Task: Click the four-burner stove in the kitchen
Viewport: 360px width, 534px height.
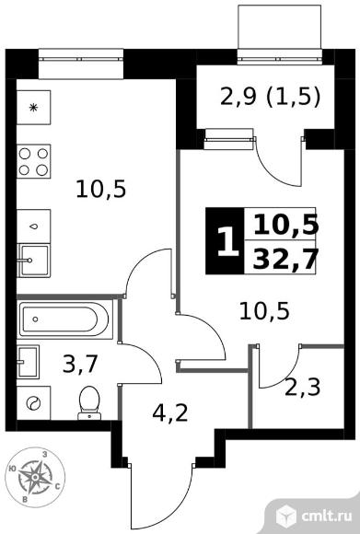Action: click(x=33, y=161)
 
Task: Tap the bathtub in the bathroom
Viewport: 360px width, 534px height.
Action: click(x=64, y=319)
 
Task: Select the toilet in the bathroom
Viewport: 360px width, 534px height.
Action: click(x=89, y=403)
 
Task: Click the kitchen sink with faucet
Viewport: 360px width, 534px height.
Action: click(x=33, y=261)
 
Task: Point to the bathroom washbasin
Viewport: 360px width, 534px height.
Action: click(x=28, y=362)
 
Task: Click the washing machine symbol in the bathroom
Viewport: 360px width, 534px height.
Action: click(x=33, y=403)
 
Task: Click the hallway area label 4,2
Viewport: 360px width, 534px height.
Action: click(x=170, y=413)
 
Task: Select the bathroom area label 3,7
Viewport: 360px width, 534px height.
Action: click(x=81, y=364)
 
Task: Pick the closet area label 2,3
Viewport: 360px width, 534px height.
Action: click(x=302, y=387)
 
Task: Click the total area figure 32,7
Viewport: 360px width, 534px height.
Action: click(x=285, y=259)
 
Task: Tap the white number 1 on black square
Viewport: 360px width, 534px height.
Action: click(x=227, y=241)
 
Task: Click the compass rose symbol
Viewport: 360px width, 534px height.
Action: click(x=35, y=477)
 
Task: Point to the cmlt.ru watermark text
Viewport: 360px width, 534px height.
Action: click(x=326, y=516)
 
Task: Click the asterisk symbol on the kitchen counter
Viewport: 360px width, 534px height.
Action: click(x=33, y=108)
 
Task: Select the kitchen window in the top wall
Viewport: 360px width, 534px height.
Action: click(x=80, y=59)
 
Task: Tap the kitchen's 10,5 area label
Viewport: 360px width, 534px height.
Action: click(x=100, y=190)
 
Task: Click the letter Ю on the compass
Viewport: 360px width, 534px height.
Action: click(x=12, y=469)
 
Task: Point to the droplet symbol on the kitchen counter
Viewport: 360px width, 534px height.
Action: click(x=33, y=226)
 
